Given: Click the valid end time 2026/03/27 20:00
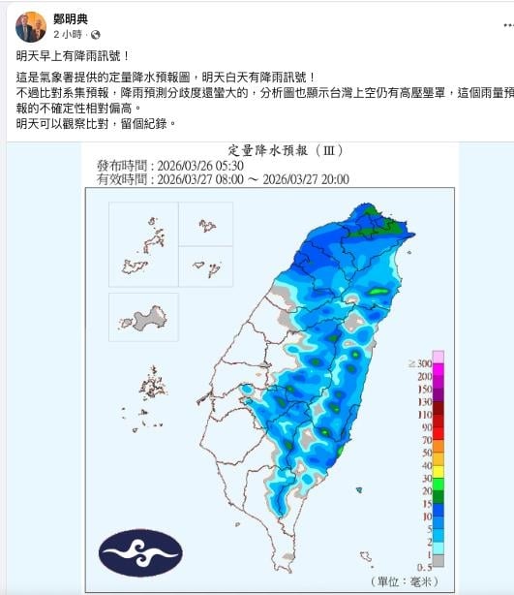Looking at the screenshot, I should [306, 179].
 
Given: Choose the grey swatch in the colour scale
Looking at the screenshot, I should [438, 560].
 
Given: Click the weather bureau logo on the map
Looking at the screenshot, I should [139, 550].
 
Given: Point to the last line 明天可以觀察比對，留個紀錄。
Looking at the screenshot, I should [97, 125].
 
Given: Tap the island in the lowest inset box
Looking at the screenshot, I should [141, 319].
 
